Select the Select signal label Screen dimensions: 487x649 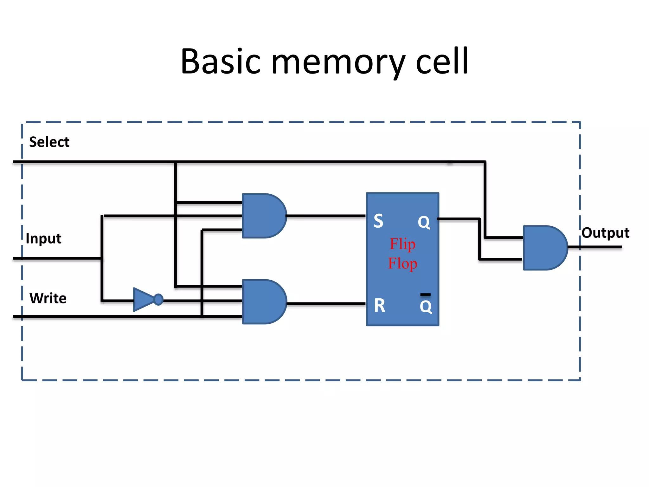coord(49,142)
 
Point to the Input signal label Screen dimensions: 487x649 coord(43,238)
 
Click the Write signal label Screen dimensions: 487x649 coord(48,298)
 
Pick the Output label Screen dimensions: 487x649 coord(605,233)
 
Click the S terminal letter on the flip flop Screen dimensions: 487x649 coord(378,221)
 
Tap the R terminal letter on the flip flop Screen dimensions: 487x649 coord(379,306)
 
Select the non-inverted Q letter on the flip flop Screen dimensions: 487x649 coord(424,222)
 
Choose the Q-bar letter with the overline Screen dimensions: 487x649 coord(426,306)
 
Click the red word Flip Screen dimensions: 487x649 coord(402,244)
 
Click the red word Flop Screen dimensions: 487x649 coord(402,263)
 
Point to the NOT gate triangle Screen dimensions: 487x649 coord(143,299)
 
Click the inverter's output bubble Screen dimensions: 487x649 coord(158,299)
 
